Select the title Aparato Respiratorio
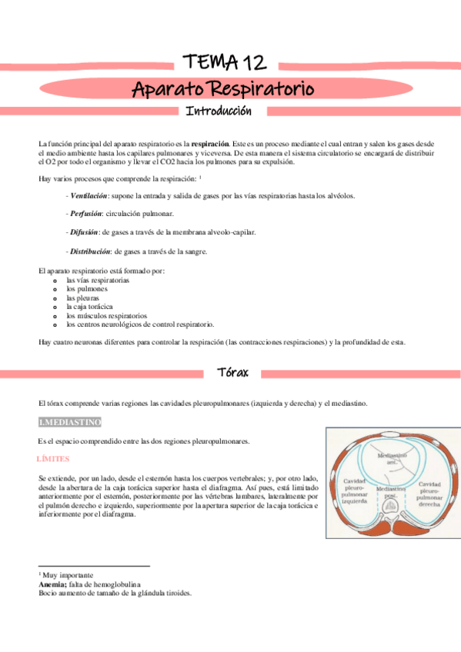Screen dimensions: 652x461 pos(223,88)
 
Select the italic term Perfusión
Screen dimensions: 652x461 pos(86,214)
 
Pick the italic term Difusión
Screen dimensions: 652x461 pos(84,232)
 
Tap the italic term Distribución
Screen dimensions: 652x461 pos(90,251)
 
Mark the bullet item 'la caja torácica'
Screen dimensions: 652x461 pos(89,307)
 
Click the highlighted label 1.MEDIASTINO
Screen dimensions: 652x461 pos(70,422)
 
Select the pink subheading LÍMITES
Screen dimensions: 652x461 pos(53,458)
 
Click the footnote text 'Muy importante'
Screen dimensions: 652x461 pos(68,575)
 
